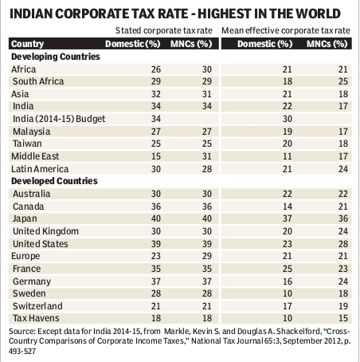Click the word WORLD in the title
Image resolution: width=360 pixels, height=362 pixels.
(x=318, y=14)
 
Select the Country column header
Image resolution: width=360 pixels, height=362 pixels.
(x=27, y=44)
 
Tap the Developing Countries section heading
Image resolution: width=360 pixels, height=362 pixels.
(x=56, y=57)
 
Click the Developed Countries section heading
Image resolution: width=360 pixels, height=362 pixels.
(x=54, y=181)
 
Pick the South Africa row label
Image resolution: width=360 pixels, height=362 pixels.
(x=38, y=81)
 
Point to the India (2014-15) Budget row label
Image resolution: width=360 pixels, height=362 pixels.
(x=59, y=119)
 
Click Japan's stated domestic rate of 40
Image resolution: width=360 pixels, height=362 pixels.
(x=156, y=218)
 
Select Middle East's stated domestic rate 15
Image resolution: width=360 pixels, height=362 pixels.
(x=156, y=156)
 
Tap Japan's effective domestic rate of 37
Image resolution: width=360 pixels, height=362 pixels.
(x=287, y=218)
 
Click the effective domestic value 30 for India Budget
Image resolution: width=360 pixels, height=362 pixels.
(x=287, y=119)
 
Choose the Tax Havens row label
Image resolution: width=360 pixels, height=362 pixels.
(x=36, y=318)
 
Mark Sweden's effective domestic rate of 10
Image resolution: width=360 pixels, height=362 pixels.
(x=287, y=293)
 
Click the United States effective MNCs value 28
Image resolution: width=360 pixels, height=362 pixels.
(x=343, y=244)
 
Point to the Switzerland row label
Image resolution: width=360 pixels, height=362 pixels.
(x=37, y=306)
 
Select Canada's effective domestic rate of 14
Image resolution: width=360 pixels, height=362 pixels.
(x=287, y=207)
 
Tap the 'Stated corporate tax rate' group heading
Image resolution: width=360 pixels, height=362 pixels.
(x=164, y=31)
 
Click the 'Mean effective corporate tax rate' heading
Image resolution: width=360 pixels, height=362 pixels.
(x=286, y=31)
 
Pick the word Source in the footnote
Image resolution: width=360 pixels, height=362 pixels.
(x=22, y=332)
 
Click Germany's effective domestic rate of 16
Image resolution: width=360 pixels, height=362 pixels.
(x=287, y=281)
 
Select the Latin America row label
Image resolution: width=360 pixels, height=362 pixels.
(x=40, y=169)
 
